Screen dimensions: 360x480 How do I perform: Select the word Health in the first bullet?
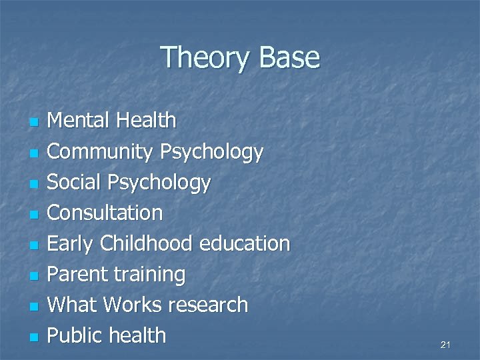coord(145,121)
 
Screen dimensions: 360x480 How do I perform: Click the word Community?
coord(101,152)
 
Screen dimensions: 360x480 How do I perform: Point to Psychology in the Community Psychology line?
coord(211,152)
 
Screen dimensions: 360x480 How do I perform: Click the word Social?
coord(73,182)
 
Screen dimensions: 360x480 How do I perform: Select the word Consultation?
coord(105,213)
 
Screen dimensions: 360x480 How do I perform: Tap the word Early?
coord(71,244)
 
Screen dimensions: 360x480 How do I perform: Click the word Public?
coord(75,335)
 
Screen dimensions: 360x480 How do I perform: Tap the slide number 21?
coord(446,345)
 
